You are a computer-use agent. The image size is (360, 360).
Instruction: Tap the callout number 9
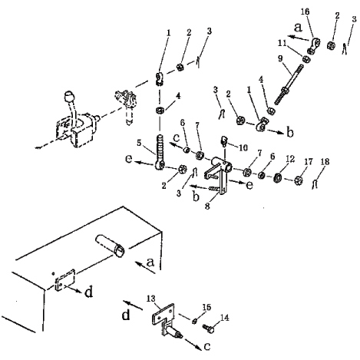point(281,58)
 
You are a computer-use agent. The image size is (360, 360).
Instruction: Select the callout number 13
point(151,299)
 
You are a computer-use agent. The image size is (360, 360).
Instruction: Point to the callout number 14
point(224,318)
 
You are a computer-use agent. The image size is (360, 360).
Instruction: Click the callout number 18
point(325,162)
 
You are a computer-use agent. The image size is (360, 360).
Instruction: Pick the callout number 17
point(309,162)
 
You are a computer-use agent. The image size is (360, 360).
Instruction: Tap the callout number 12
point(290,159)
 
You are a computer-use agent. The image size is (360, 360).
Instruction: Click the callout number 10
point(243,147)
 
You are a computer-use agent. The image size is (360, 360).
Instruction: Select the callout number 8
point(207,206)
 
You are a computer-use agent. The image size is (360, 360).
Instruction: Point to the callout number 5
point(139,143)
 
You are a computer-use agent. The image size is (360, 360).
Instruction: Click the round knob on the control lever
point(69,97)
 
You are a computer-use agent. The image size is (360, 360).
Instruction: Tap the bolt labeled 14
point(208,329)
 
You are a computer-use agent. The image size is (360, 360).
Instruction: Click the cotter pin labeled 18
point(315,184)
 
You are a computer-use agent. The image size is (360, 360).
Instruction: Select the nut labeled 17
point(298,180)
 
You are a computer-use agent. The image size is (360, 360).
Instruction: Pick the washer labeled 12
point(277,177)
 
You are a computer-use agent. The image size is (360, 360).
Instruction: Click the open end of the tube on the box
point(120,249)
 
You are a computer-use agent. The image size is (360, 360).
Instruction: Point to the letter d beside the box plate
point(89,292)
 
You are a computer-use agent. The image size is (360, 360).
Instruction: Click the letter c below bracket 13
point(207,347)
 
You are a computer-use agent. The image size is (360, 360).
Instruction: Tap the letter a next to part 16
point(298,27)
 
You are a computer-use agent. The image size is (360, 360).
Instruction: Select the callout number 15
point(206,307)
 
